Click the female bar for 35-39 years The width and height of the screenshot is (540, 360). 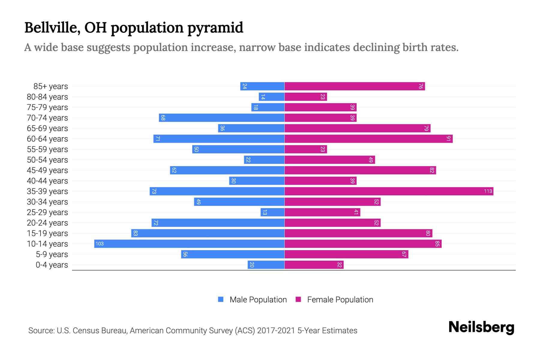[x=388, y=191]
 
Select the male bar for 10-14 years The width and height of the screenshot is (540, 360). [x=189, y=244]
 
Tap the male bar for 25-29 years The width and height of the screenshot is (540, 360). [x=272, y=212]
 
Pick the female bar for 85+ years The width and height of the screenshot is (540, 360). [x=355, y=86]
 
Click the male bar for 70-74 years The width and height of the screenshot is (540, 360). [x=221, y=118]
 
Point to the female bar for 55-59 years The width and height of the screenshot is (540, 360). [x=305, y=149]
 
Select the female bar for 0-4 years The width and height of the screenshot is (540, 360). [x=314, y=265]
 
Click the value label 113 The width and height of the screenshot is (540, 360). [x=488, y=191]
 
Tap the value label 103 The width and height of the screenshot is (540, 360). [x=100, y=244]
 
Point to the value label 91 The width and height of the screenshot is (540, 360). [x=448, y=139]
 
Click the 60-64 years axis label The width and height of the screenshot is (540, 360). [x=47, y=139]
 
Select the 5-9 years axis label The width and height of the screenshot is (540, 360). [x=52, y=254]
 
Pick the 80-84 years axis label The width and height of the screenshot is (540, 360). [x=47, y=97]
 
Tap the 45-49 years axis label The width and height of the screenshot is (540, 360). [x=47, y=170]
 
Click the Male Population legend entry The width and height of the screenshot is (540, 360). [x=258, y=299]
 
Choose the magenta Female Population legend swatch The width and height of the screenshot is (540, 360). [x=298, y=299]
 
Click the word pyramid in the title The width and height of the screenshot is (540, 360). [x=215, y=28]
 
